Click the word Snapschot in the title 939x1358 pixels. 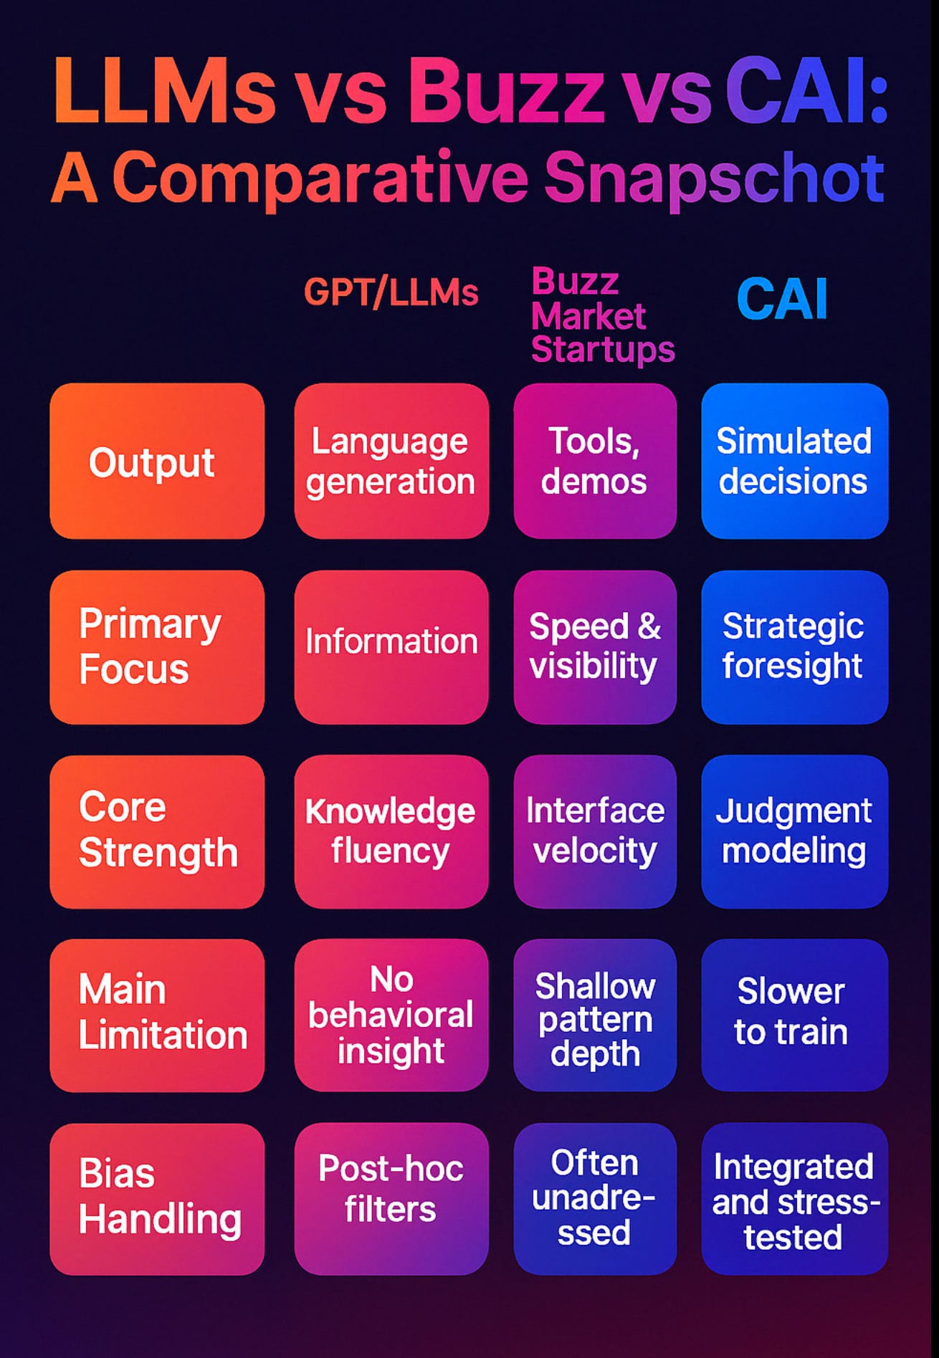point(714,179)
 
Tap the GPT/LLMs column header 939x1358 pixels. point(391,292)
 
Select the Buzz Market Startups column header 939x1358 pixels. point(602,315)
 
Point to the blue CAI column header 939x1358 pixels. point(782,300)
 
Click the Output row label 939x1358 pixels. point(157,462)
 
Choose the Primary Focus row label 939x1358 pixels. point(157,647)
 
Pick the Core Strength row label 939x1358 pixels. point(157,831)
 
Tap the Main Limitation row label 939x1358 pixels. point(157,1015)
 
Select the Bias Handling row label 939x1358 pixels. point(157,1198)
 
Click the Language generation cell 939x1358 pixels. point(391,462)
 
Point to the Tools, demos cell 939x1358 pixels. point(595,462)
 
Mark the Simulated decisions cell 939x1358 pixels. point(794,462)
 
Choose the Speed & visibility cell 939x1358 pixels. point(595,647)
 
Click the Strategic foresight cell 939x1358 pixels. point(794,647)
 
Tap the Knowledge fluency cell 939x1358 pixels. point(391,831)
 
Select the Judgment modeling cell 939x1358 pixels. point(794,831)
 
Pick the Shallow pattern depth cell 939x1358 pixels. point(595,1015)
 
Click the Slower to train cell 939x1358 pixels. point(794,1015)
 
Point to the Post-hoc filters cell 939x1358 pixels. point(391,1198)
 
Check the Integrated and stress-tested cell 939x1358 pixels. point(794,1198)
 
